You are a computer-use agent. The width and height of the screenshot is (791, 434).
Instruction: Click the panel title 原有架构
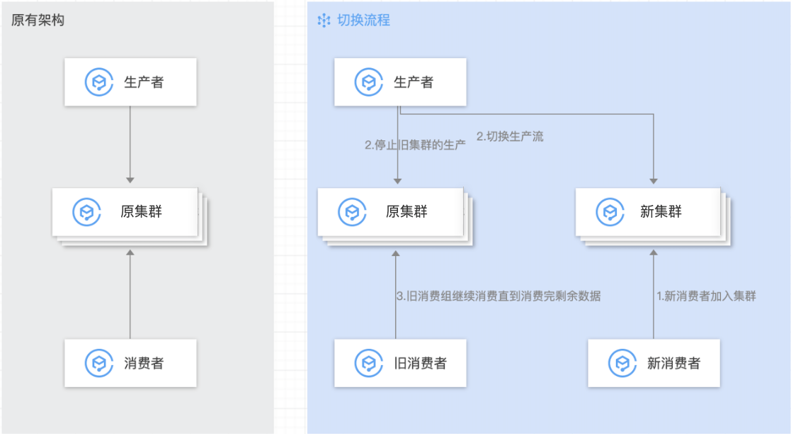pyautogui.click(x=38, y=20)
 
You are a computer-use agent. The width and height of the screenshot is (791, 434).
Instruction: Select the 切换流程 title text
pyautogui.click(x=364, y=20)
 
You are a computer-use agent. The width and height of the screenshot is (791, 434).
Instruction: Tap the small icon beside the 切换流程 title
pyautogui.click(x=324, y=21)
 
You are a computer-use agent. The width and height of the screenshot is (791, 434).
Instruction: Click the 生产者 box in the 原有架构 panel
pyautogui.click(x=130, y=82)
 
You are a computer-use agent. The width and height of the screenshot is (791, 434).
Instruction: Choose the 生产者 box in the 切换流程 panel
pyautogui.click(x=400, y=82)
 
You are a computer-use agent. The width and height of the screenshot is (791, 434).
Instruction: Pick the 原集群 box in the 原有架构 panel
pyautogui.click(x=125, y=212)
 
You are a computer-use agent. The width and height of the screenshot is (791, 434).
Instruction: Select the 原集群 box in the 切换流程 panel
pyautogui.click(x=390, y=212)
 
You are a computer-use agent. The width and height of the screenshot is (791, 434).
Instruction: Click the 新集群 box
pyautogui.click(x=648, y=212)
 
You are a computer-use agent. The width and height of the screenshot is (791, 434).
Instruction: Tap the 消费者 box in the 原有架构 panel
pyautogui.click(x=130, y=363)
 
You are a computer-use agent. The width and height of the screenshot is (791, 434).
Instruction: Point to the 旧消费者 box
pyautogui.click(x=400, y=363)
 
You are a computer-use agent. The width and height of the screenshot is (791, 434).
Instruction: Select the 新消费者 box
pyautogui.click(x=654, y=363)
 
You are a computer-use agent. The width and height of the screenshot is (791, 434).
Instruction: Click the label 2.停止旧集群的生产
pyautogui.click(x=415, y=145)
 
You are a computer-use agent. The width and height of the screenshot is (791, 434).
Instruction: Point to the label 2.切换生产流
pyautogui.click(x=510, y=137)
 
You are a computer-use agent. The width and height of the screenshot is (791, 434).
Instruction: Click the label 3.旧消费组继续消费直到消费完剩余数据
pyautogui.click(x=499, y=296)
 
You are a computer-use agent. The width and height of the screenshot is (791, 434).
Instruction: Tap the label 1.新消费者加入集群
pyautogui.click(x=706, y=296)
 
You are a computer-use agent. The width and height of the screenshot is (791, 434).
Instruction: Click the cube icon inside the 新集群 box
pyautogui.click(x=608, y=212)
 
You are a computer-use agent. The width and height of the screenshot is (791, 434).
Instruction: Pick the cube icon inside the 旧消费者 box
pyautogui.click(x=368, y=363)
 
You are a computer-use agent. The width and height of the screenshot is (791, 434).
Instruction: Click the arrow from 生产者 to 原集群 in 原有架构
pyautogui.click(x=130, y=145)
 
